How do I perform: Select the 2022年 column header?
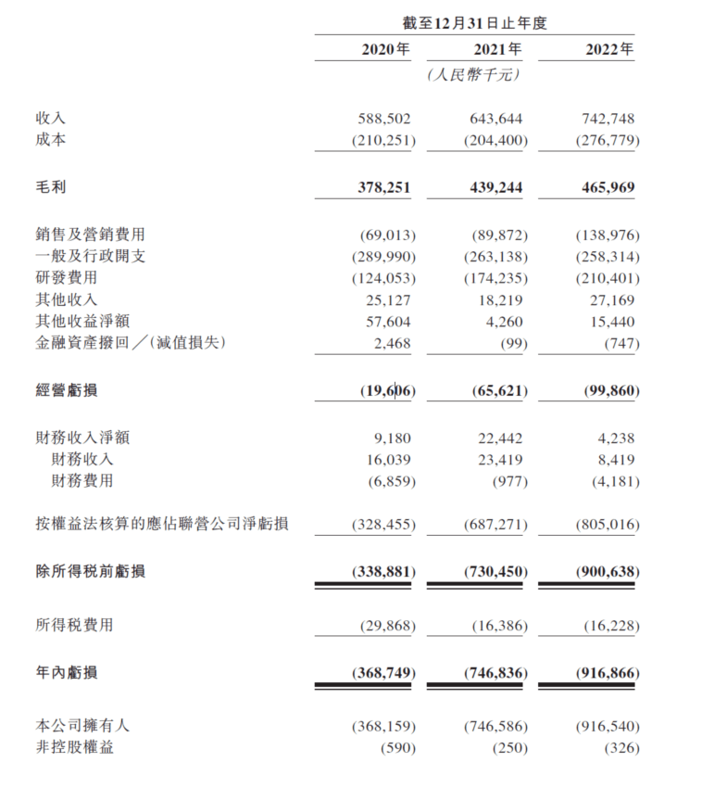(x=609, y=50)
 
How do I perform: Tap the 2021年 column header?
(x=497, y=50)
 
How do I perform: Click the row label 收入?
(x=51, y=120)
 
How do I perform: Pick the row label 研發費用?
(x=66, y=277)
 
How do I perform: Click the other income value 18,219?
(x=501, y=299)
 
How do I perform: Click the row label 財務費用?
(x=82, y=481)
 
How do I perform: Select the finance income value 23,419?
(x=501, y=459)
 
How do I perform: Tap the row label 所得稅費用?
(x=74, y=626)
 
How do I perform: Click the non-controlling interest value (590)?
(x=395, y=747)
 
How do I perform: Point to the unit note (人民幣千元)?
(x=474, y=75)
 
